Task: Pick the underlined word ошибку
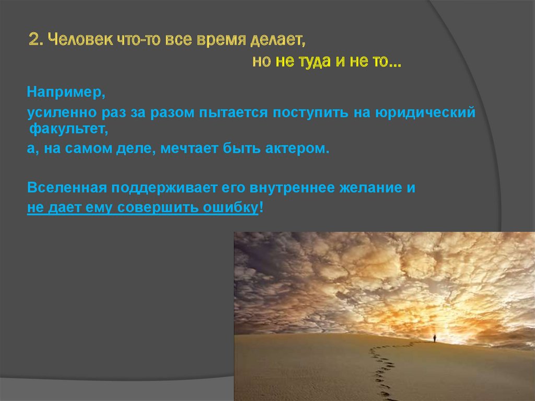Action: click(x=230, y=208)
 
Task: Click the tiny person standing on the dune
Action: click(x=434, y=339)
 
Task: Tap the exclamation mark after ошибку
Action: click(x=261, y=207)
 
